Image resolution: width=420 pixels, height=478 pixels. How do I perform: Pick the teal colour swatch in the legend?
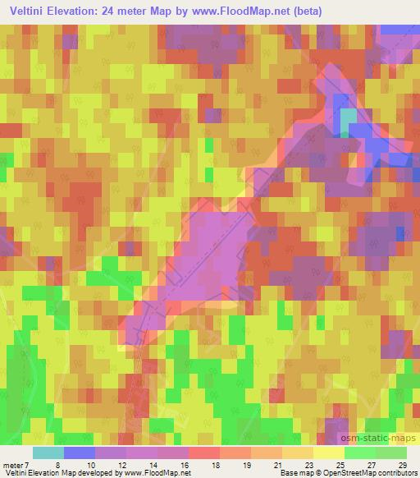point(48,453)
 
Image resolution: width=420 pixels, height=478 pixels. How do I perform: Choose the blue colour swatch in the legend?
point(79,453)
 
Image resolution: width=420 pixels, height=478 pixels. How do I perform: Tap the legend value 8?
point(57,464)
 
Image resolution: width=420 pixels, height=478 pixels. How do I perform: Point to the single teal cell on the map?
point(349,120)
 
